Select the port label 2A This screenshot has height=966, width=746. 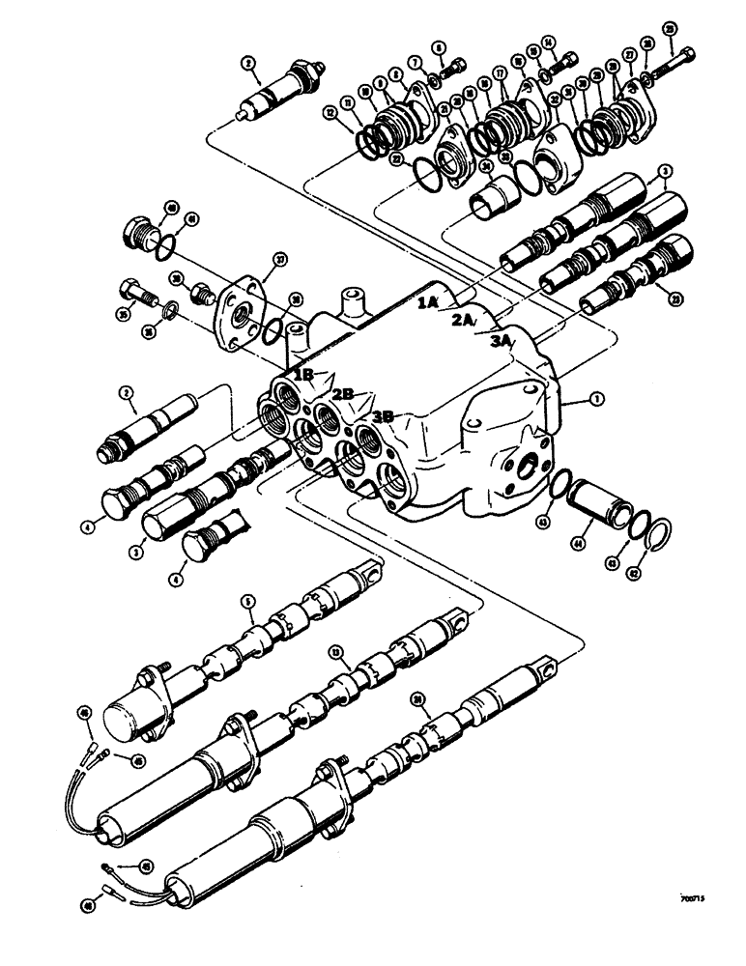[462, 322]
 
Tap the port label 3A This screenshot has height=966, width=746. [502, 340]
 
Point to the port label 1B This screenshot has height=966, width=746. [303, 372]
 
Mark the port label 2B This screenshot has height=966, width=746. [345, 394]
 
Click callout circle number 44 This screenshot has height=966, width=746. [582, 548]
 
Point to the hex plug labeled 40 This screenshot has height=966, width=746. [142, 236]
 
